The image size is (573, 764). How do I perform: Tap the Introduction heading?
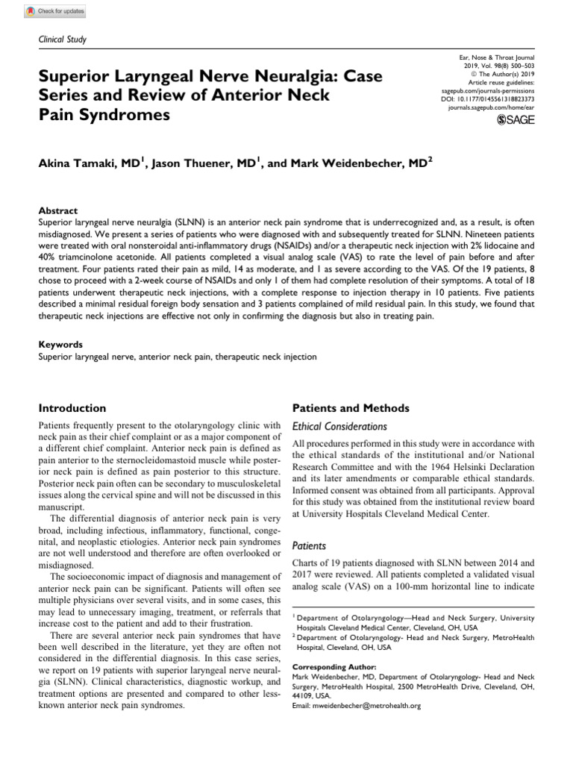click(72, 408)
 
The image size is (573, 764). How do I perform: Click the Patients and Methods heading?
click(350, 408)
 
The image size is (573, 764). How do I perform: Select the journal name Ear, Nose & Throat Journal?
click(499, 57)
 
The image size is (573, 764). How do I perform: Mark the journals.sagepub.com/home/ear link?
click(491, 107)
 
